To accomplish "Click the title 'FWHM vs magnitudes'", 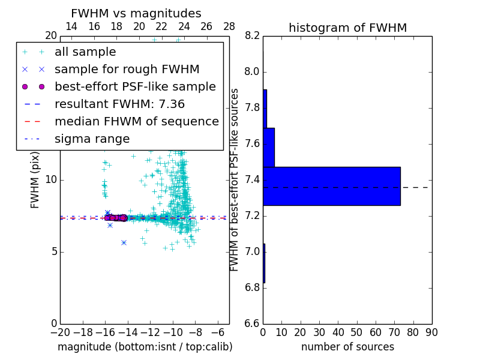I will coord(136,14).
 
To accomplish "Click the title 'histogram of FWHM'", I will coord(347,28).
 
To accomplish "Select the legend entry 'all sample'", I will coord(85,52).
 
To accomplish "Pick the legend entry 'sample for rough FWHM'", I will coord(127,69).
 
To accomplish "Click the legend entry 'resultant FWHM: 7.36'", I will coord(120,104).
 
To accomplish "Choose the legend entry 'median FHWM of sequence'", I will coord(136,121).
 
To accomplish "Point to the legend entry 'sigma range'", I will coord(92,139).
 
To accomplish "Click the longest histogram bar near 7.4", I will coord(331,186).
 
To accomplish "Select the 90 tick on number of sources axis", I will coord(431,332).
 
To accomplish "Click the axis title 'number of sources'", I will coord(347,347).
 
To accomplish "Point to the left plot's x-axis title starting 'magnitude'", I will coord(145,347).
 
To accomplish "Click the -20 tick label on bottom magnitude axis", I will coord(60,332).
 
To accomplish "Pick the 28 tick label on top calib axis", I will coord(229,26).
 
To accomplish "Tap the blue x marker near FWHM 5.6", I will coord(124,242).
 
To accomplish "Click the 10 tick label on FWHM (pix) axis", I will coord(50,179).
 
